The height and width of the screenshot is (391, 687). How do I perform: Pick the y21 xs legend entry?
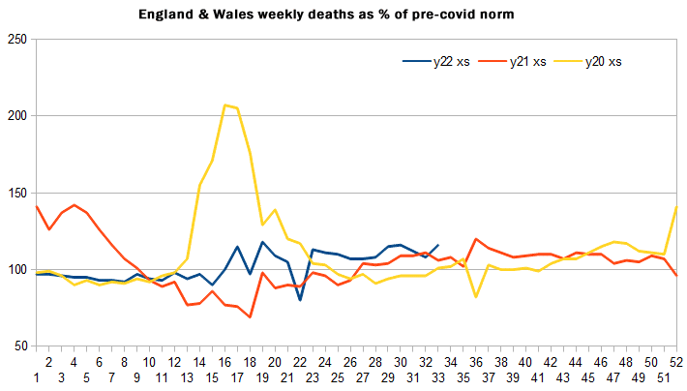click(x=529, y=62)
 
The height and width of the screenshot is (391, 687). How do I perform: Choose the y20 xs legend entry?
click(x=606, y=62)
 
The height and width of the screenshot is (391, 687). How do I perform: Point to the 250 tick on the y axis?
click(x=15, y=39)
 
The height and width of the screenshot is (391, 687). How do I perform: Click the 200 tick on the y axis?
click(x=15, y=116)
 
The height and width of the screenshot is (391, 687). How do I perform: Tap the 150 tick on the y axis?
click(x=15, y=193)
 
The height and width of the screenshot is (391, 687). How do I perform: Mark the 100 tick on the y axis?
click(x=15, y=269)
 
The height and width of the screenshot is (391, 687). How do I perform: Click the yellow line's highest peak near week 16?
click(x=224, y=105)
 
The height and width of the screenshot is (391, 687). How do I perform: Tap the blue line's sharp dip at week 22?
click(x=300, y=299)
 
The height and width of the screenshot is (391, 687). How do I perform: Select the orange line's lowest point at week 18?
click(x=250, y=316)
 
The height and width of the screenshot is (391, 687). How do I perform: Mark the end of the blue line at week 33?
click(x=438, y=246)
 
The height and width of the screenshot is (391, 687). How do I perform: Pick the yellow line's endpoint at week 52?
click(x=676, y=207)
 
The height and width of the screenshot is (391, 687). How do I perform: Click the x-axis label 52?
click(x=676, y=361)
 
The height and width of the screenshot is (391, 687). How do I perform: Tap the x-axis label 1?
click(x=36, y=376)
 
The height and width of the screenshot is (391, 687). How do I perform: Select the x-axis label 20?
click(x=275, y=361)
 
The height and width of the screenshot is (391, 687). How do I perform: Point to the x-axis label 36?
click(x=476, y=361)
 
